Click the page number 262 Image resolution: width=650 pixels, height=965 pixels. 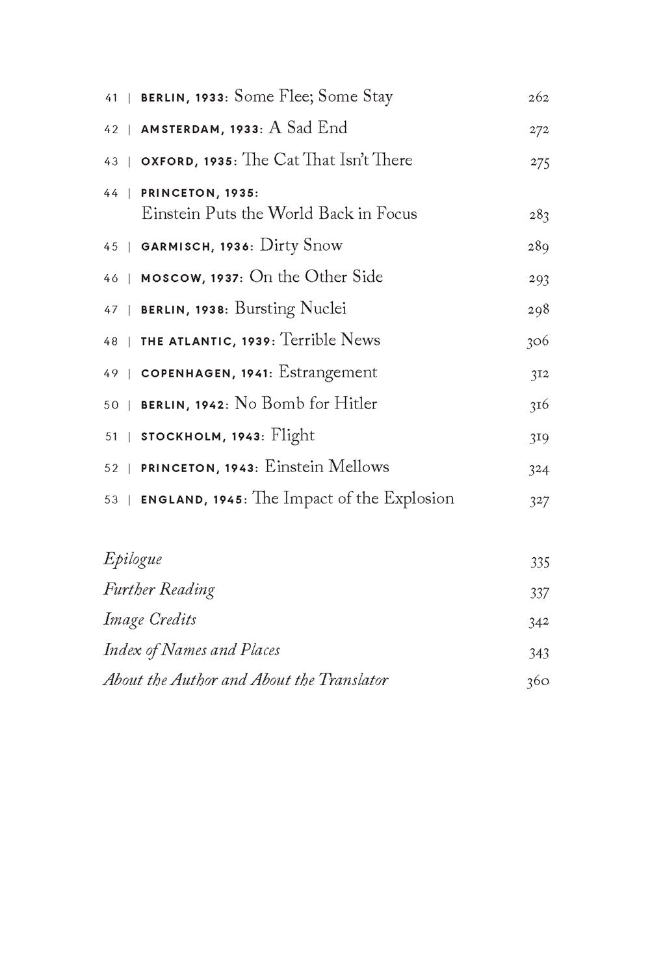point(538,98)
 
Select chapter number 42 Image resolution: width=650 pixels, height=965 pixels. point(111,130)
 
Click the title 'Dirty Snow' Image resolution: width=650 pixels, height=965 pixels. point(301,245)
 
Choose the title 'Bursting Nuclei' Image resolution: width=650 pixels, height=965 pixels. point(291,308)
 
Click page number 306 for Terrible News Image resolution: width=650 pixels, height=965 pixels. point(538,342)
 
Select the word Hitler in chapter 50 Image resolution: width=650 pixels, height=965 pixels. point(356,404)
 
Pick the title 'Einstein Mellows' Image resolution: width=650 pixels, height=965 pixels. point(327,467)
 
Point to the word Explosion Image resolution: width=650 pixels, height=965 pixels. point(419,499)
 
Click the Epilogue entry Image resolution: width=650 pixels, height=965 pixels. point(133,559)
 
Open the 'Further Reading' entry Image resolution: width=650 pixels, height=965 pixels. point(159,590)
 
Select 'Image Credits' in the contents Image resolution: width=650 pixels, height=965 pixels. point(150,620)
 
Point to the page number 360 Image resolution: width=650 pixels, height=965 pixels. point(538,682)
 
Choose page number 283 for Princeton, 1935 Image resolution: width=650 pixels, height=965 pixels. point(539,216)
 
